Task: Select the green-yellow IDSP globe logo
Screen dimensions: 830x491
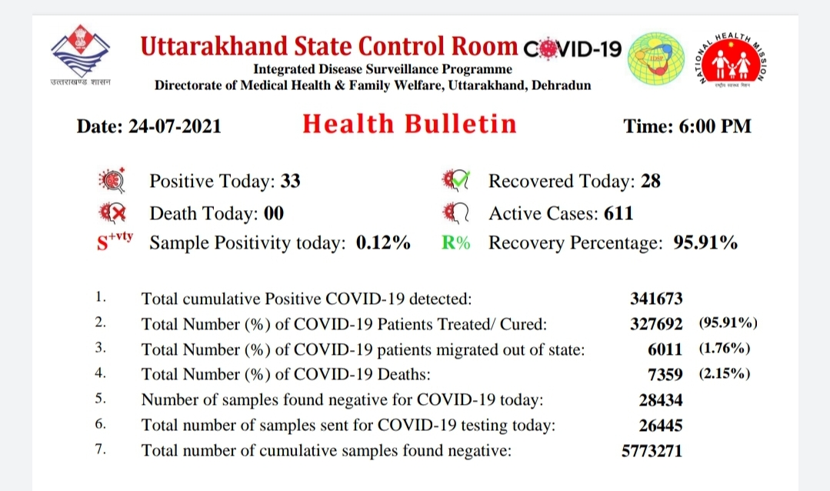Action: tap(655, 58)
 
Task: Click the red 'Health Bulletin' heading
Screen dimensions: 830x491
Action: tap(409, 124)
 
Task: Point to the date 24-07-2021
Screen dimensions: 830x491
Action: tap(175, 126)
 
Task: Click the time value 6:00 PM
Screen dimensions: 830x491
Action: tap(715, 126)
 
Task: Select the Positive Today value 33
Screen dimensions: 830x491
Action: tap(290, 181)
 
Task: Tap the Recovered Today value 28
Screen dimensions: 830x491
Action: tap(651, 181)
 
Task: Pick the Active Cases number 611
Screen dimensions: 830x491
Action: tap(618, 213)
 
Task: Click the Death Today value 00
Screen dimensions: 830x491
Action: tap(274, 213)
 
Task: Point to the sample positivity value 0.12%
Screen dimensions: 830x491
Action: tap(383, 242)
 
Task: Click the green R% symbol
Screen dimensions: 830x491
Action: tap(455, 242)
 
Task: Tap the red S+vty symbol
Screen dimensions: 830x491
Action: tap(115, 240)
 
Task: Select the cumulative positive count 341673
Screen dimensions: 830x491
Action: tap(656, 299)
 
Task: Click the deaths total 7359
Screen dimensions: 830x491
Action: tap(665, 375)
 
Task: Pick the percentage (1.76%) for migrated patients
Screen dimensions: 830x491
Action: tap(724, 348)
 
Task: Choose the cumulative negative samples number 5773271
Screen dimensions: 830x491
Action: tap(652, 451)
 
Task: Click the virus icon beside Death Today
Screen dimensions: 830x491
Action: tap(112, 213)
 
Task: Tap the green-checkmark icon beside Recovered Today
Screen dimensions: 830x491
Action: tap(455, 181)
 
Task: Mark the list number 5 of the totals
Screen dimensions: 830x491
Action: tap(100, 399)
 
